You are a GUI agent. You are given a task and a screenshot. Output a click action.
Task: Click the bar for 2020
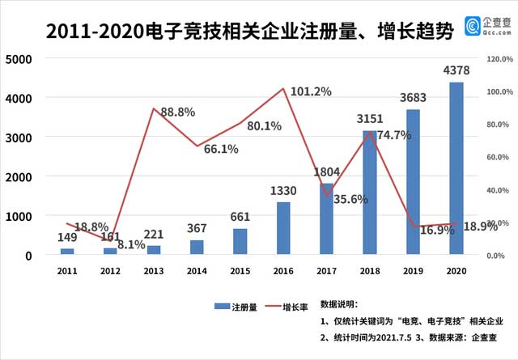point(456,169)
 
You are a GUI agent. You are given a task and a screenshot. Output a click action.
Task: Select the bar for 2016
point(283,229)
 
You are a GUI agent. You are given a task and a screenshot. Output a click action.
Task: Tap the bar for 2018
point(370,193)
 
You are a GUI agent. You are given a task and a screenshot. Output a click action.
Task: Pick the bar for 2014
point(197,248)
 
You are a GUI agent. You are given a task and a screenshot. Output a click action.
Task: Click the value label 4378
point(457,73)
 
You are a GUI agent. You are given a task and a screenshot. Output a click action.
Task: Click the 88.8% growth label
point(177,112)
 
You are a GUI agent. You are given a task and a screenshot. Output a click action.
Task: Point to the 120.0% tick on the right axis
point(499,59)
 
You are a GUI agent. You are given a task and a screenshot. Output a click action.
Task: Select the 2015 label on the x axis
point(240,271)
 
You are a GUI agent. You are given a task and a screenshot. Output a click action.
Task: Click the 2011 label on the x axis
point(67,271)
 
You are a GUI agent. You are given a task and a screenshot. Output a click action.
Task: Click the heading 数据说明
point(344,303)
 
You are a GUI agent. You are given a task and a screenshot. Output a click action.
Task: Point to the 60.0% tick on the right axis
point(499,157)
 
